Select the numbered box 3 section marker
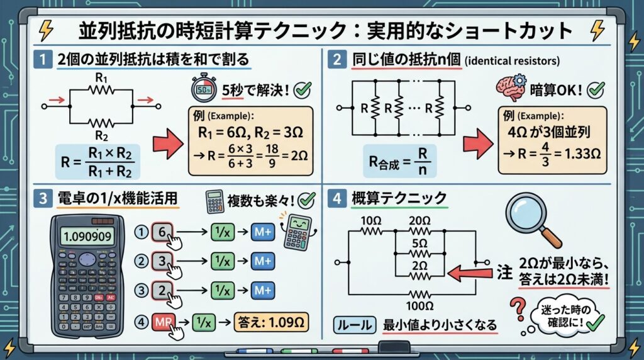pos(42,199)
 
